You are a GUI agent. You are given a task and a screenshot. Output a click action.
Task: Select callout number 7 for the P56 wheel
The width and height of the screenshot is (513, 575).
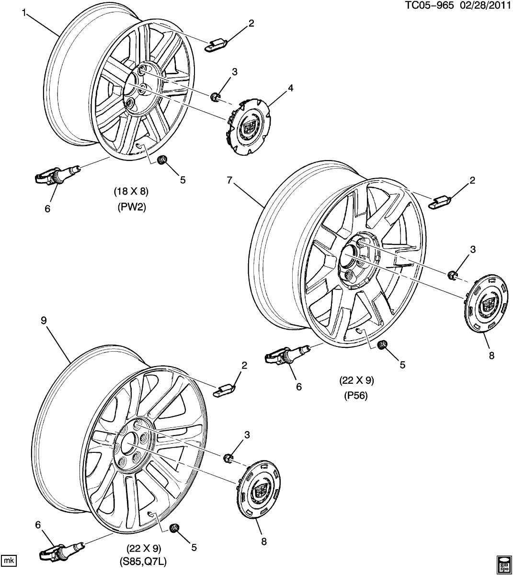tap(230, 180)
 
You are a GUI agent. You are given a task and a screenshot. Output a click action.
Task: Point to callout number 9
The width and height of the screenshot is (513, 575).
tap(44, 320)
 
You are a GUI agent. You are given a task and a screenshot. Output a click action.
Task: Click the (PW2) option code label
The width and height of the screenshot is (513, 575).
tap(131, 207)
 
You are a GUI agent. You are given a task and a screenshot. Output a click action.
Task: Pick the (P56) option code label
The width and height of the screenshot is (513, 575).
tap(356, 396)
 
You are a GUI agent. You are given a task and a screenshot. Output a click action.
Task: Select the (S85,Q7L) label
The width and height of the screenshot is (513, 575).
tap(144, 561)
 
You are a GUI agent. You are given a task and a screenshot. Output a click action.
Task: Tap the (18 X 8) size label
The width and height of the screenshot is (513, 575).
tap(131, 192)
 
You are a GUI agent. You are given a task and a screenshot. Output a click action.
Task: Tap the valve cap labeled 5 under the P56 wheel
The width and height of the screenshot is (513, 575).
tap(382, 345)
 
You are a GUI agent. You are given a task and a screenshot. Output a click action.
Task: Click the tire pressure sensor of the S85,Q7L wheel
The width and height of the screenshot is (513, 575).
tap(61, 548)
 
